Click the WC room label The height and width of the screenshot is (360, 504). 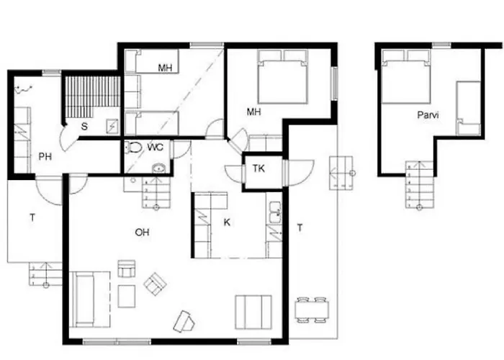[156, 148]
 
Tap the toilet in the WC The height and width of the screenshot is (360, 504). [134, 148]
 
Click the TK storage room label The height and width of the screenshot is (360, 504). [258, 168]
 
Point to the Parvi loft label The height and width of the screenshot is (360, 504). [428, 115]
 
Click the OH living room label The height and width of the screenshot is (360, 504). [142, 232]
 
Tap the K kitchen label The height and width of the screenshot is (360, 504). [227, 222]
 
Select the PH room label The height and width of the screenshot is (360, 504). [45, 156]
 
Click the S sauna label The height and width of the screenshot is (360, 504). [84, 126]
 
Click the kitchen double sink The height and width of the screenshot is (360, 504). [275, 212]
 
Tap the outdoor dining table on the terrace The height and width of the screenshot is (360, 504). [312, 310]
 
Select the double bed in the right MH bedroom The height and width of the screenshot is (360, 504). [283, 76]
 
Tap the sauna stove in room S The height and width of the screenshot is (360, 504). [112, 126]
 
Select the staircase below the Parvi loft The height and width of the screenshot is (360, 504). [419, 184]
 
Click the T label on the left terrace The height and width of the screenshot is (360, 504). [32, 218]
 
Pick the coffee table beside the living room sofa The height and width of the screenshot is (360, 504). [127, 296]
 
